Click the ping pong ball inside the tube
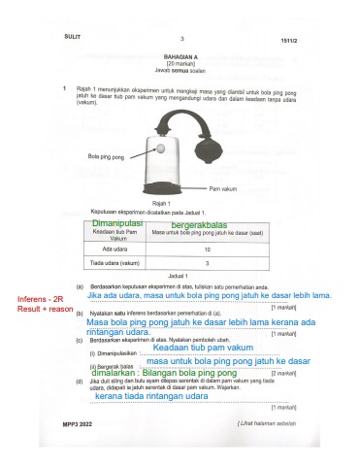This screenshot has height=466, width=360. pyautogui.click(x=158, y=150)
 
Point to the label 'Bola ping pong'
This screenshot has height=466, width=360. pyautogui.click(x=105, y=155)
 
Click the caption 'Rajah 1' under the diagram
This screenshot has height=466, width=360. pyautogui.click(x=171, y=202)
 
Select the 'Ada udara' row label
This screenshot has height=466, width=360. pyautogui.click(x=113, y=250)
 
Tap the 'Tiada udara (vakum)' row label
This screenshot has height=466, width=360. pyautogui.click(x=113, y=263)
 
